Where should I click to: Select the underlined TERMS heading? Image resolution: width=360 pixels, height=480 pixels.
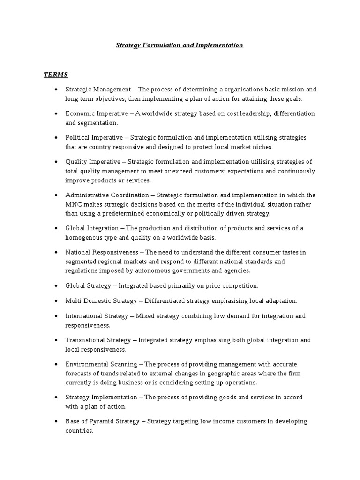pos(56,75)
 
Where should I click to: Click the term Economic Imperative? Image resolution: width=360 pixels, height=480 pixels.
pos(92,113)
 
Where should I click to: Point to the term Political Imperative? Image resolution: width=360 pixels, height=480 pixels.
pos(90,137)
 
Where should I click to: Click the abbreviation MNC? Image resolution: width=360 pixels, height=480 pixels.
pos(74,204)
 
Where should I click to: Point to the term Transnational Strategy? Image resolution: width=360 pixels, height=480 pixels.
pos(99,340)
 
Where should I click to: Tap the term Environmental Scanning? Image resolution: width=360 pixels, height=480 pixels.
pos(101,364)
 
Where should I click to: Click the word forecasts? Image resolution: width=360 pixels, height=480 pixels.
pos(78,373)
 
